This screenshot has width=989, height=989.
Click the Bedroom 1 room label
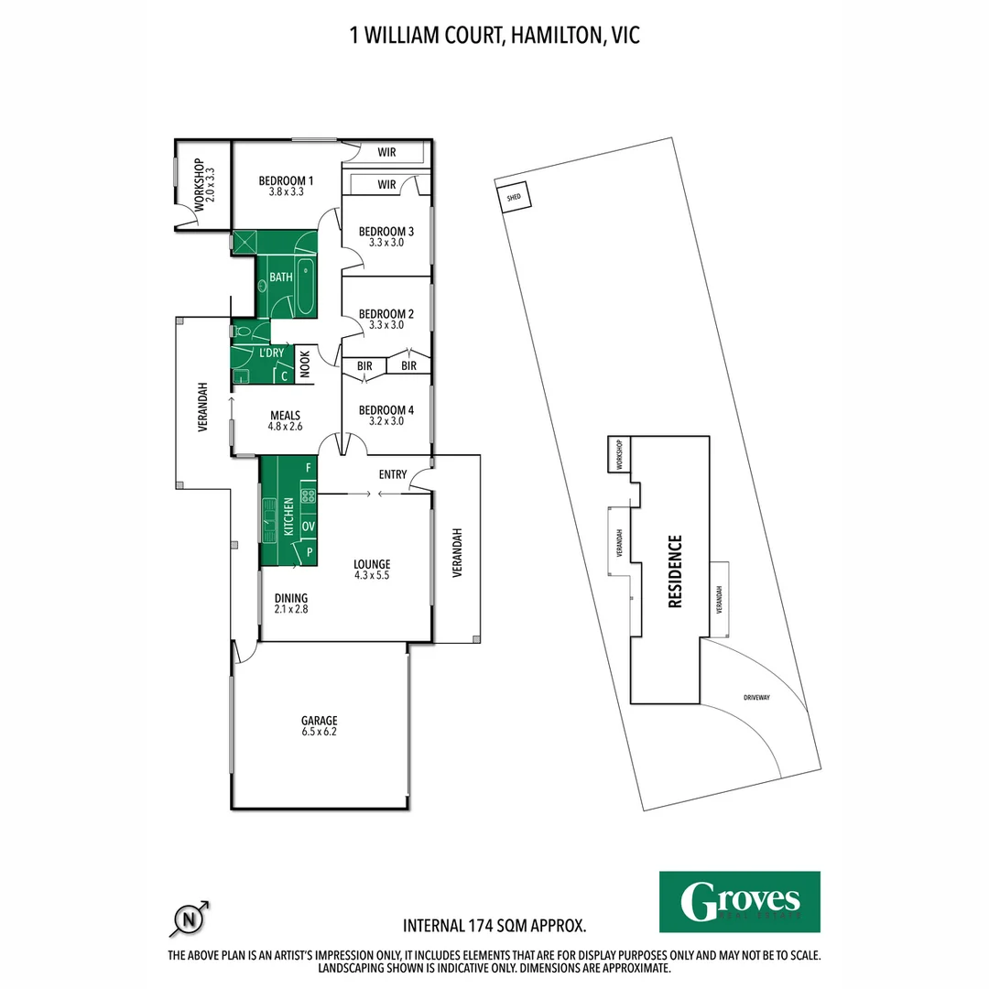click(x=286, y=186)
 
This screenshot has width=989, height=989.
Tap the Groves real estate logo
click(x=739, y=901)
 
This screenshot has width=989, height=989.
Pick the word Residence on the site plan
click(x=674, y=571)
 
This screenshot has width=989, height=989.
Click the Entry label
click(x=392, y=474)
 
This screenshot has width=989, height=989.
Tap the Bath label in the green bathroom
click(x=280, y=276)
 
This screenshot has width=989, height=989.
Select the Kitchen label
click(x=288, y=516)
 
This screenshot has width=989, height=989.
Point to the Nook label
click(x=305, y=364)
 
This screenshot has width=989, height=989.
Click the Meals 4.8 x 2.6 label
click(x=285, y=420)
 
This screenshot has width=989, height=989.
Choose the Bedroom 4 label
click(x=386, y=415)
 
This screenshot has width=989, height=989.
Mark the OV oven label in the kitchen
click(x=309, y=527)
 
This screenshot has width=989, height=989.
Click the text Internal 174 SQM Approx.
click(x=494, y=926)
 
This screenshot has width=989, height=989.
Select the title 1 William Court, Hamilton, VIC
click(x=494, y=36)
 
